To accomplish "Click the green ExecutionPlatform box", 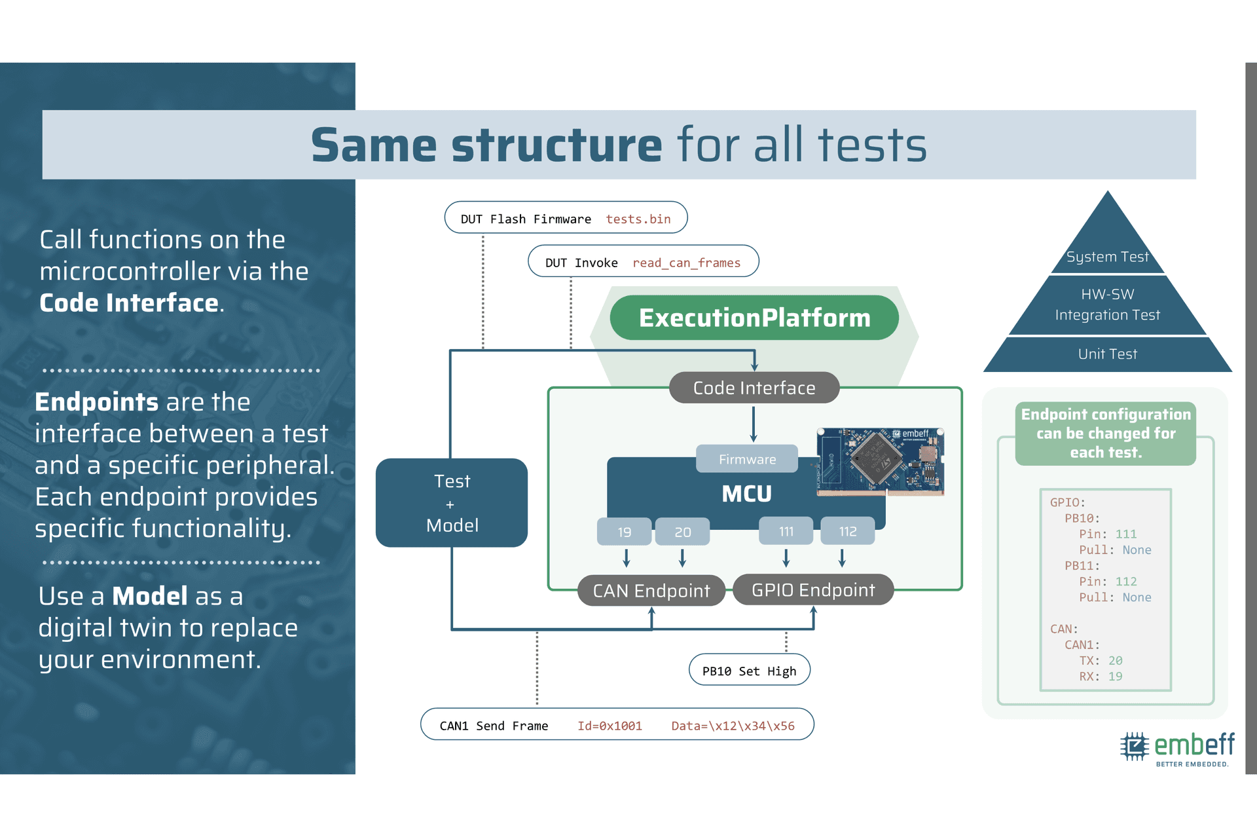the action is click(x=754, y=318).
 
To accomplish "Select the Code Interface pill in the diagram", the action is click(x=754, y=388).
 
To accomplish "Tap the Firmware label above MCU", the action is click(x=747, y=459).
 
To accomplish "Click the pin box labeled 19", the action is click(x=625, y=532).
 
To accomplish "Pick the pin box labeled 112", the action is click(x=848, y=531).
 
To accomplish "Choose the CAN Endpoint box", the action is click(x=651, y=591).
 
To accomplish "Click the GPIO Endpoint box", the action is click(x=813, y=590).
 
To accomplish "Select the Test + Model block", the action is click(x=452, y=503).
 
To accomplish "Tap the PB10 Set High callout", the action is click(x=750, y=670).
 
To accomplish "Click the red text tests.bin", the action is click(x=638, y=219).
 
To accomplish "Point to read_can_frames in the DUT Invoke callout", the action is click(x=686, y=263).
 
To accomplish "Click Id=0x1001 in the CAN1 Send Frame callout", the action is click(x=610, y=726).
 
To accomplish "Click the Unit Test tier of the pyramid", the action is click(x=1108, y=354).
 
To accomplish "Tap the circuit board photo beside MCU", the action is click(x=881, y=461).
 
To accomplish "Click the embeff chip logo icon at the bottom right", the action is click(x=1135, y=746).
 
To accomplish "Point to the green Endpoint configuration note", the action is click(x=1106, y=434).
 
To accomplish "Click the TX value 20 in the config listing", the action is click(x=1116, y=661).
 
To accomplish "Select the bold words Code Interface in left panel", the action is click(x=129, y=303).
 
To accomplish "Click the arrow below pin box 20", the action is click(x=682, y=557).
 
